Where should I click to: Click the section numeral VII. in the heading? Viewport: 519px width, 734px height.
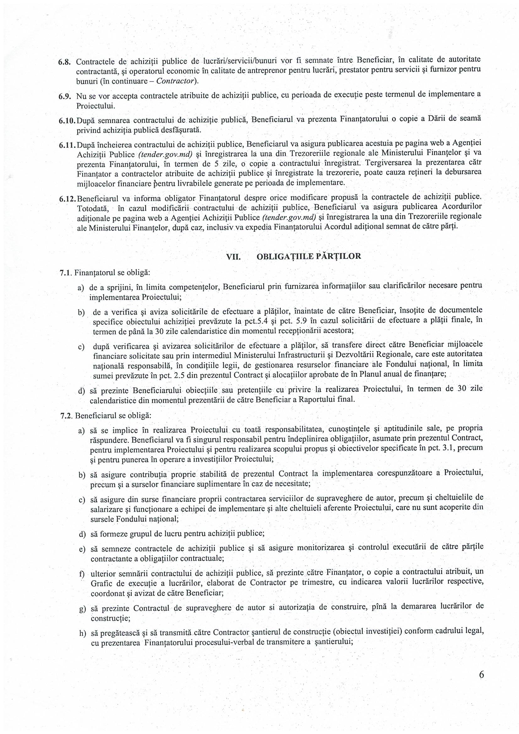coord(233,257)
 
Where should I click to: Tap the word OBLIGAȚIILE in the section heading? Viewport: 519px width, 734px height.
coord(281,257)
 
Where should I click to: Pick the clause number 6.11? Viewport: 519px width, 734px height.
coord(67,145)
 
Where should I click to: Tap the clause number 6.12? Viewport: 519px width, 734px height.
coord(67,198)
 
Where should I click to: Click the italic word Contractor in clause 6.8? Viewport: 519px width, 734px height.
coord(176,81)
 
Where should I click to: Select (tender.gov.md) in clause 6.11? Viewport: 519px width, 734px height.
coord(165,155)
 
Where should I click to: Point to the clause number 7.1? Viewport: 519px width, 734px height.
coord(65,273)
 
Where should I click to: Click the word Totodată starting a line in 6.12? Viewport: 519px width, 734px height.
coord(93,209)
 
